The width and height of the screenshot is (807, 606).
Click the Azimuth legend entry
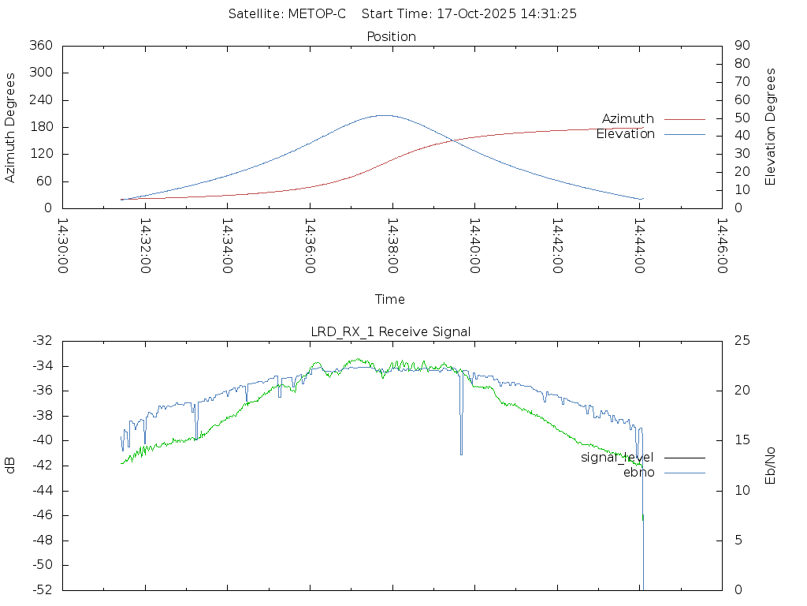(628, 119)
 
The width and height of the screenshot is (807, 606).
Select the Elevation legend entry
(625, 134)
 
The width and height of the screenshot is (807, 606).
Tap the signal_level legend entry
(617, 458)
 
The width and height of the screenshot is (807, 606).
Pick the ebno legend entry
(638, 473)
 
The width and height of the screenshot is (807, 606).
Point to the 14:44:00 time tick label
(639, 246)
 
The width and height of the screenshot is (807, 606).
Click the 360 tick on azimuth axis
(39, 46)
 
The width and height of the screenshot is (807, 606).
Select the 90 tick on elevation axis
(742, 46)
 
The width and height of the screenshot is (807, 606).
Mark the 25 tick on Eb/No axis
(742, 341)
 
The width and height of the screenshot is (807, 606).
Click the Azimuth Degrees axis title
(11, 127)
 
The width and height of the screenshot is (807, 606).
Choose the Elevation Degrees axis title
(771, 127)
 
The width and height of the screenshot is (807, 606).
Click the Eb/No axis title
(771, 466)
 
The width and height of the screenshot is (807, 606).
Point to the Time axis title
(390, 300)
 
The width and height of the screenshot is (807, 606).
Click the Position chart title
(392, 37)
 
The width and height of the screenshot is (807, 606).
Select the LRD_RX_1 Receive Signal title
(391, 332)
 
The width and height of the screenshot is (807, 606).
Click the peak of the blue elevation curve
(383, 115)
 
